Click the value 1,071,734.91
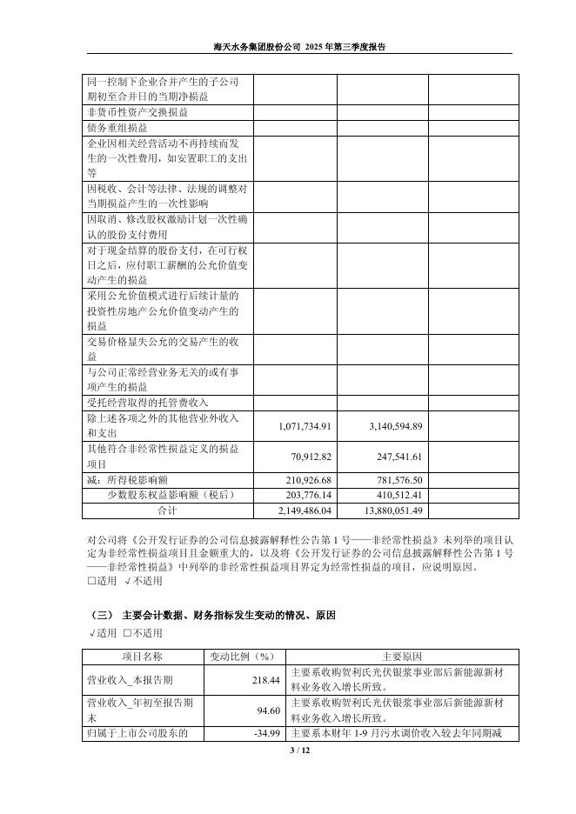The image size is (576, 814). (305, 426)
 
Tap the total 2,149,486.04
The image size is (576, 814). (305, 510)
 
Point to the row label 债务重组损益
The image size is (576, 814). (117, 127)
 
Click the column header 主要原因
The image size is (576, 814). (401, 656)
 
